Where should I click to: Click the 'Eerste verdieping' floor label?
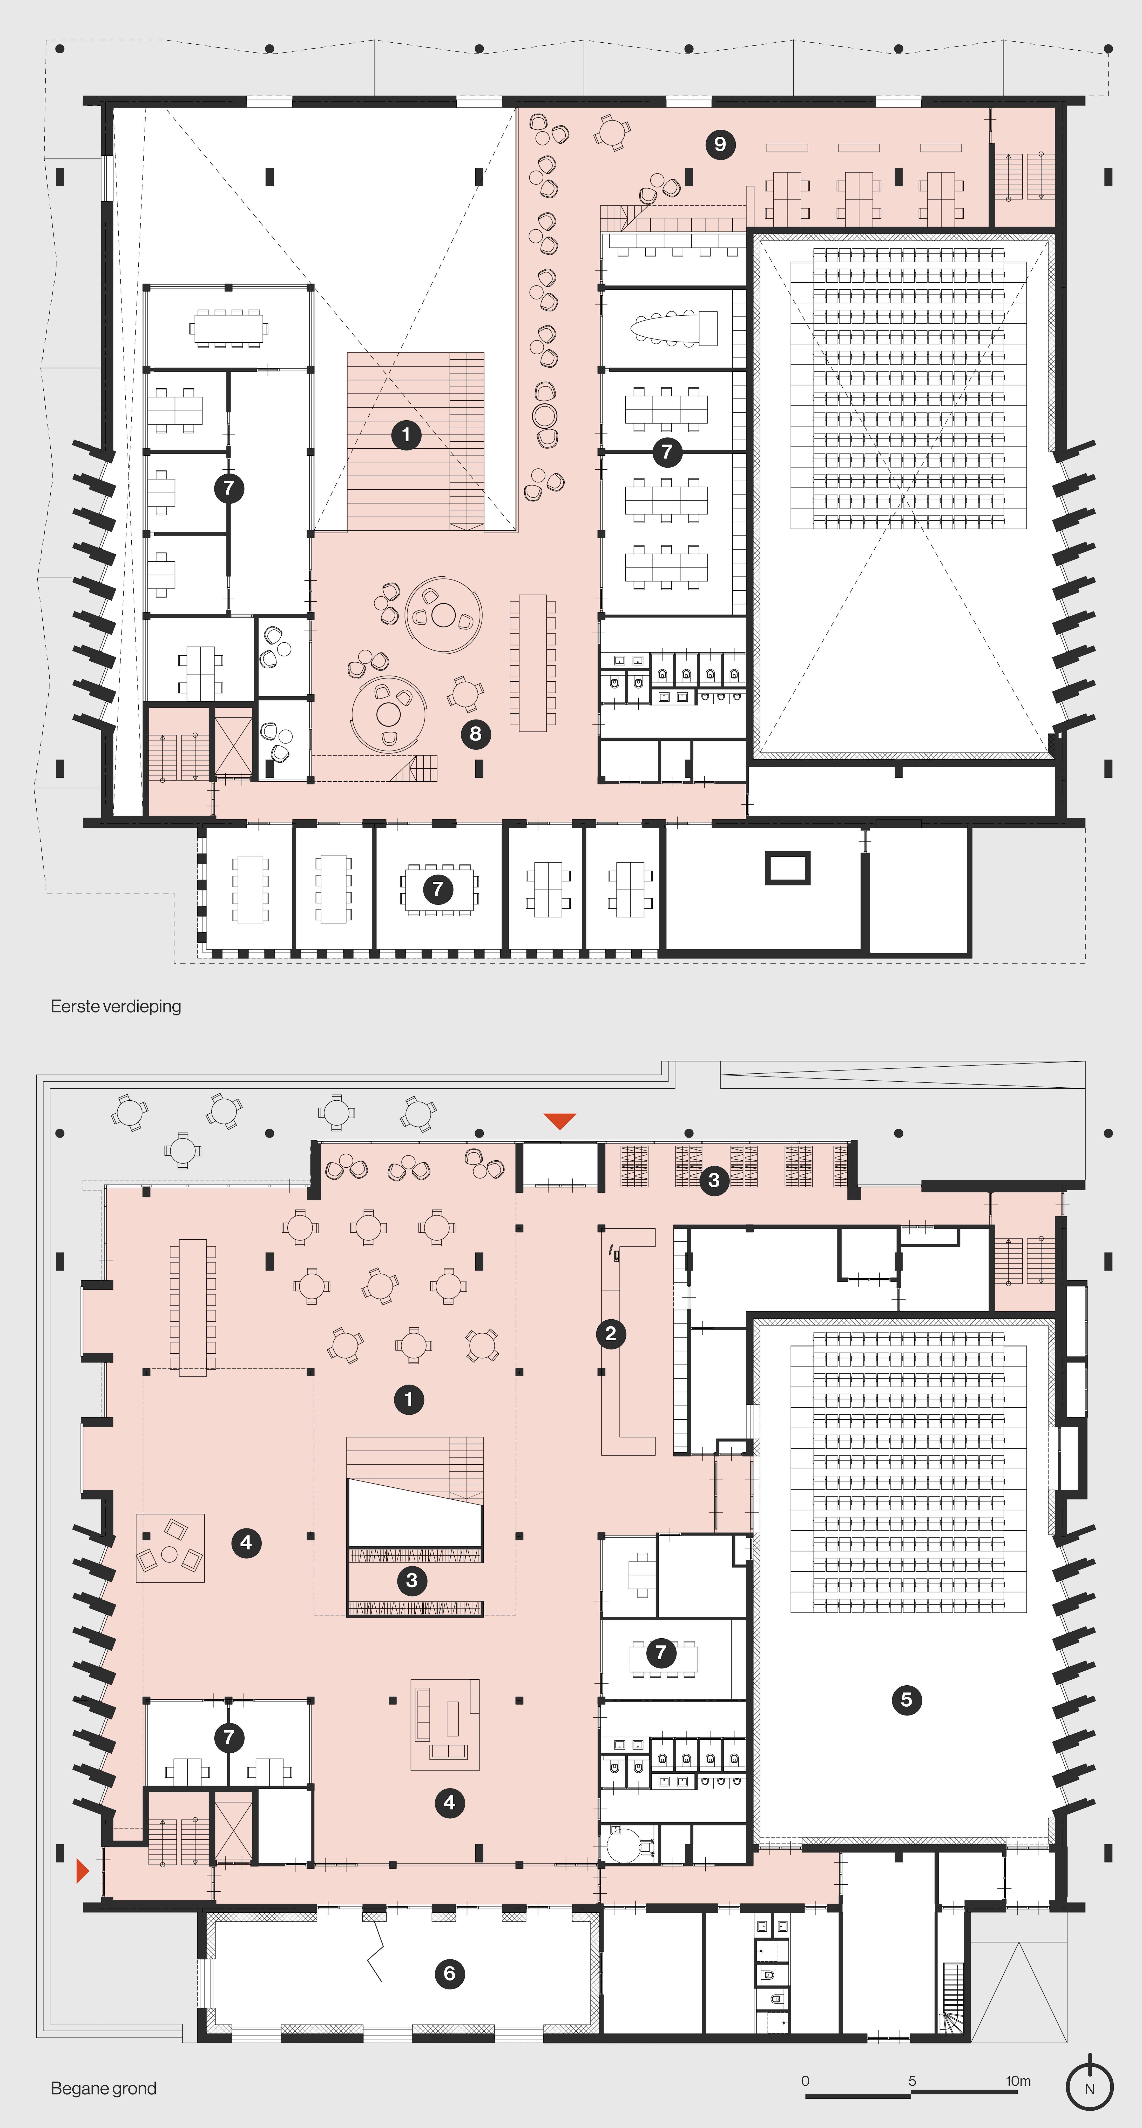pyautogui.click(x=116, y=1006)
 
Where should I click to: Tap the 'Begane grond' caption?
pyautogui.click(x=103, y=2088)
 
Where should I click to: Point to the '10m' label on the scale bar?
pyautogui.click(x=1018, y=2081)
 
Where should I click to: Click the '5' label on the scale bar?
pyautogui.click(x=913, y=2081)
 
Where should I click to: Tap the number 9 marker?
pyautogui.click(x=720, y=145)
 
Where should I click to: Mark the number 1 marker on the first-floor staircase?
pyautogui.click(x=406, y=435)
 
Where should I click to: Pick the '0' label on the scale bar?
pyautogui.click(x=805, y=2081)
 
